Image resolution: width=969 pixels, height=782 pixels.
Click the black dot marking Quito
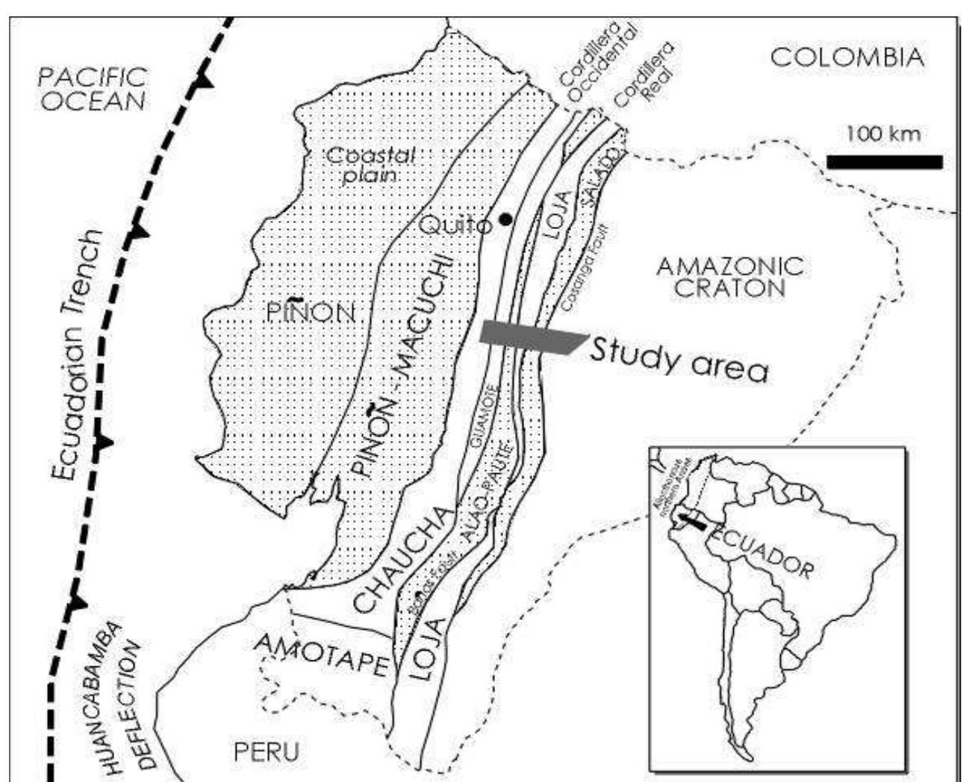pyautogui.click(x=506, y=219)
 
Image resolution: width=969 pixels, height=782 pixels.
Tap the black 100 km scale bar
pyautogui.click(x=884, y=162)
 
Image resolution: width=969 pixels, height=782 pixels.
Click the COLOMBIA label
pyautogui.click(x=847, y=57)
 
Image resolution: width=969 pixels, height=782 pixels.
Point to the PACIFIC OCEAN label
pyautogui.click(x=93, y=89)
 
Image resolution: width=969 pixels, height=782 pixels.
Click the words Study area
pyautogui.click(x=678, y=359)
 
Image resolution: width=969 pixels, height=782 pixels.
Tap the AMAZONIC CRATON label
pyautogui.click(x=729, y=276)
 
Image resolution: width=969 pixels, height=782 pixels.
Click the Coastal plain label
pyautogui.click(x=371, y=165)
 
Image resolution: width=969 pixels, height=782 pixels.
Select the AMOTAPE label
pyautogui.click(x=322, y=654)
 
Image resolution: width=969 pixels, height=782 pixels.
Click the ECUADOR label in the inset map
pyautogui.click(x=761, y=554)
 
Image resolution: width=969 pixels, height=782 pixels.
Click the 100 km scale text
pyautogui.click(x=883, y=134)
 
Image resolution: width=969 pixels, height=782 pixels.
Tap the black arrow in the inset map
pyautogui.click(x=691, y=520)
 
